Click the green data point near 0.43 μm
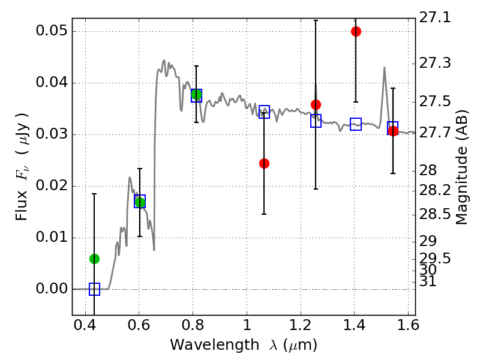pyautogui.click(x=94, y=259)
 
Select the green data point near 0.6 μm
pyautogui.click(x=140, y=202)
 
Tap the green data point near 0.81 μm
pyautogui.click(x=196, y=95)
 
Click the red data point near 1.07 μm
pyautogui.click(x=264, y=163)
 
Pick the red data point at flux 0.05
pyautogui.click(x=356, y=31)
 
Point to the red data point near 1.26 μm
pyautogui.click(x=316, y=104)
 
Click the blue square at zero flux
pyautogui.click(x=94, y=289)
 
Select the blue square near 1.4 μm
pyautogui.click(x=356, y=124)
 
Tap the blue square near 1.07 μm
pyautogui.click(x=264, y=112)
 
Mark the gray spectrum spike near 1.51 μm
pyautogui.click(x=384, y=68)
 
